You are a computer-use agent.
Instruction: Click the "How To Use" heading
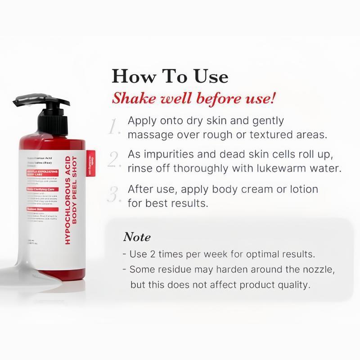(170, 76)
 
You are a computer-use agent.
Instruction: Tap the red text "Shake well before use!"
(193, 98)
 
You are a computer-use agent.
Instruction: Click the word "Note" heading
(137, 237)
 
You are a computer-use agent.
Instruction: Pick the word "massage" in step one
(148, 135)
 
